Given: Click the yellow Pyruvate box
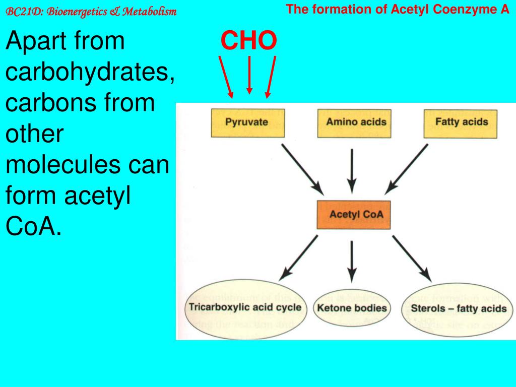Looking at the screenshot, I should pos(246,122).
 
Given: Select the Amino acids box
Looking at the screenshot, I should pos(356,122).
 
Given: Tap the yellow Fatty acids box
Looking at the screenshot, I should pos(461,122).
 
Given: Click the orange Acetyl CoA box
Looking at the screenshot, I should pos(356,215).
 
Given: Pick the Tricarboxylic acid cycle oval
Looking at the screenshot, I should pos(245,307).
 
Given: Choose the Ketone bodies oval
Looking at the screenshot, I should pos(352,308).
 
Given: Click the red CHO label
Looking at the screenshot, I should pos(248,41).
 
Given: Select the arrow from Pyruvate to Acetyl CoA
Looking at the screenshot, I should pos(302,169).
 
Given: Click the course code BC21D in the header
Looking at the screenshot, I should pos(19,12).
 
